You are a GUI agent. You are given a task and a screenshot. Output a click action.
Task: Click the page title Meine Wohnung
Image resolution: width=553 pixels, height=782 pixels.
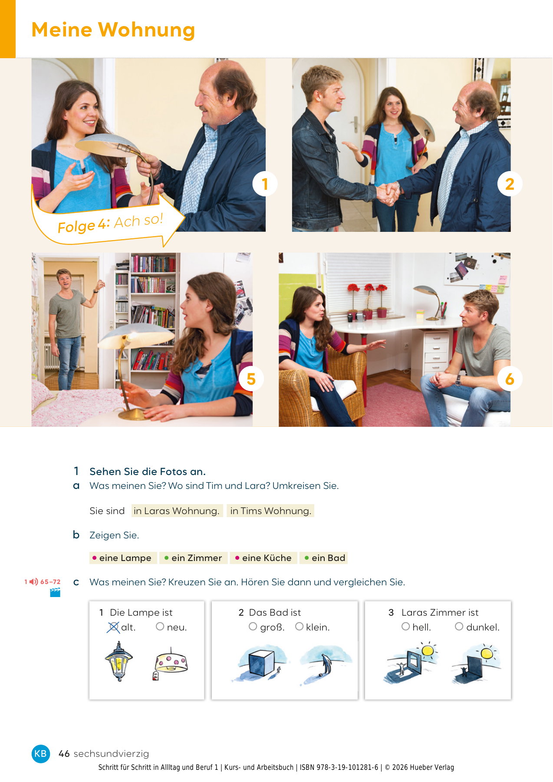point(113,30)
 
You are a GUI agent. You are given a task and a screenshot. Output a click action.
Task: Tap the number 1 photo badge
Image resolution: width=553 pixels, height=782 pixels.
point(265,184)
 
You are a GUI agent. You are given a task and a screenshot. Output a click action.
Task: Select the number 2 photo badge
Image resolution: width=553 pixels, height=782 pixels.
point(510,184)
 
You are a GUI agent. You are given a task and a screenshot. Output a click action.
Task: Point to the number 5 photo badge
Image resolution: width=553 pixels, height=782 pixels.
point(251,379)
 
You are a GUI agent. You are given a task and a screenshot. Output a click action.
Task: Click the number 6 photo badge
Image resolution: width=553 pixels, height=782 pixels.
point(510,379)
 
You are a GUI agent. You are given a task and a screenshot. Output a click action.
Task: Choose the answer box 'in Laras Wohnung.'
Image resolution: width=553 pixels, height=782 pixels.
point(177,511)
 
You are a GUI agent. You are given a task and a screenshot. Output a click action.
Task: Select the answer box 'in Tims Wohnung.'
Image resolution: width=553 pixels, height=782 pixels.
point(270,511)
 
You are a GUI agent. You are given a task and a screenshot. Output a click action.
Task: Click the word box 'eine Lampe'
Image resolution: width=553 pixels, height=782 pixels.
point(122,558)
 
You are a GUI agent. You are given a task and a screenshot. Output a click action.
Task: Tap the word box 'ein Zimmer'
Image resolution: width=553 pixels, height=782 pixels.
point(194,558)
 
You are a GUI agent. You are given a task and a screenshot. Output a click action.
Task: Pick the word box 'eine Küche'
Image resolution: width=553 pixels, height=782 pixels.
point(263,558)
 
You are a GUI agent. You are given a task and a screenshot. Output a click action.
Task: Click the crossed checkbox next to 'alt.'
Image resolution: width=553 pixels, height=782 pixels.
point(113,627)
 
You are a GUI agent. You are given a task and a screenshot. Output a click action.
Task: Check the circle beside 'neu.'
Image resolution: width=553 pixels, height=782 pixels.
point(160,627)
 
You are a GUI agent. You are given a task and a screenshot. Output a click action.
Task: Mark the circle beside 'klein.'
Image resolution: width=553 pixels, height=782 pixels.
point(299,627)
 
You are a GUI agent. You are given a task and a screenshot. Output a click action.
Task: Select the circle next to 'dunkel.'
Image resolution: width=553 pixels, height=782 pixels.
point(459,627)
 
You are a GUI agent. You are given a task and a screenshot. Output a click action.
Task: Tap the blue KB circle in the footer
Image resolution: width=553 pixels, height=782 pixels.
point(40,753)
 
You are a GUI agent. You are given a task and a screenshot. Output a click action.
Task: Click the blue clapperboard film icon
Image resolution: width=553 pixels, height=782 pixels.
point(55,593)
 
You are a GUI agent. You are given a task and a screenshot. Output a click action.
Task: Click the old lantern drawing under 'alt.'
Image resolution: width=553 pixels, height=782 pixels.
point(118,661)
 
